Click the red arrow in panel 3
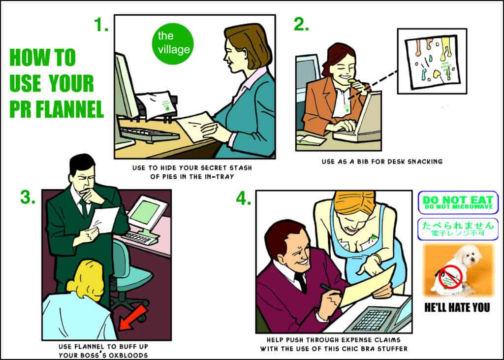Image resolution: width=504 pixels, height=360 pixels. click(x=134, y=317)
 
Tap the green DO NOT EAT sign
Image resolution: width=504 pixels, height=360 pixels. click(x=457, y=202)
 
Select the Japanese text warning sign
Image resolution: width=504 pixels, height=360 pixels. click(x=457, y=229)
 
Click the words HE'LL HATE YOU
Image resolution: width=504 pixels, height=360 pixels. click(x=457, y=308)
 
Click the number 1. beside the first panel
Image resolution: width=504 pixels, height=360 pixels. click(x=101, y=24)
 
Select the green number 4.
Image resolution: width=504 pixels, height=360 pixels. click(x=244, y=198)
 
